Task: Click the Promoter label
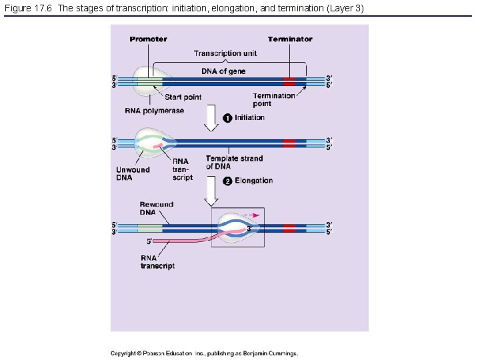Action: click(x=148, y=39)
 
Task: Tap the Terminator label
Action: click(x=290, y=39)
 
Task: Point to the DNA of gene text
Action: click(x=223, y=71)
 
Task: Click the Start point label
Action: click(x=183, y=97)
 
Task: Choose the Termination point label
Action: click(x=273, y=99)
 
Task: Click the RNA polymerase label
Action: click(x=154, y=111)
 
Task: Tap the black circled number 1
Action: click(x=227, y=118)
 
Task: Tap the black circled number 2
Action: click(x=227, y=181)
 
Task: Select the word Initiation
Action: click(x=249, y=118)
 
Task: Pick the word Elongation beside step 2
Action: click(x=253, y=181)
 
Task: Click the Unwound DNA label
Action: click(x=133, y=173)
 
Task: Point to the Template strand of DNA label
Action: click(x=234, y=162)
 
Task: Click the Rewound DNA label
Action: click(x=156, y=209)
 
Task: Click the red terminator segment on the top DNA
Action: click(x=289, y=81)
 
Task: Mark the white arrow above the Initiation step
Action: click(x=211, y=120)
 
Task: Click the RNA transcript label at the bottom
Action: click(x=157, y=261)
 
